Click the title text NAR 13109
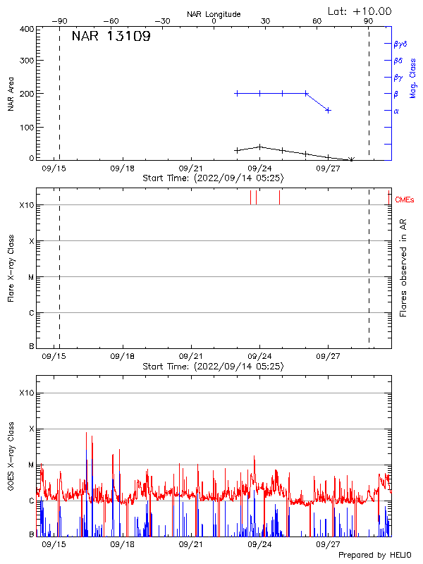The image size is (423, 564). click(111, 37)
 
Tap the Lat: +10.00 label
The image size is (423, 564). click(360, 11)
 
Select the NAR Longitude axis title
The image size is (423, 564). click(214, 14)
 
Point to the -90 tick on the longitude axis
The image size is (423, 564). click(62, 22)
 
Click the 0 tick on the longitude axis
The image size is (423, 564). click(214, 22)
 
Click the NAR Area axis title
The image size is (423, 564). click(11, 94)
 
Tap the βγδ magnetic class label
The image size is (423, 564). click(400, 44)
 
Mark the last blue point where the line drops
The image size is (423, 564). click(329, 110)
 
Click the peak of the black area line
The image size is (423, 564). click(260, 147)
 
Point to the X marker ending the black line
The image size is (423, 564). click(351, 159)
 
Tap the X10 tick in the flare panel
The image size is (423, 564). click(25, 205)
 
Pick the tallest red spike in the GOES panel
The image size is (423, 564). click(87, 433)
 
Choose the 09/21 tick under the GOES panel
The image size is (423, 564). click(192, 544)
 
